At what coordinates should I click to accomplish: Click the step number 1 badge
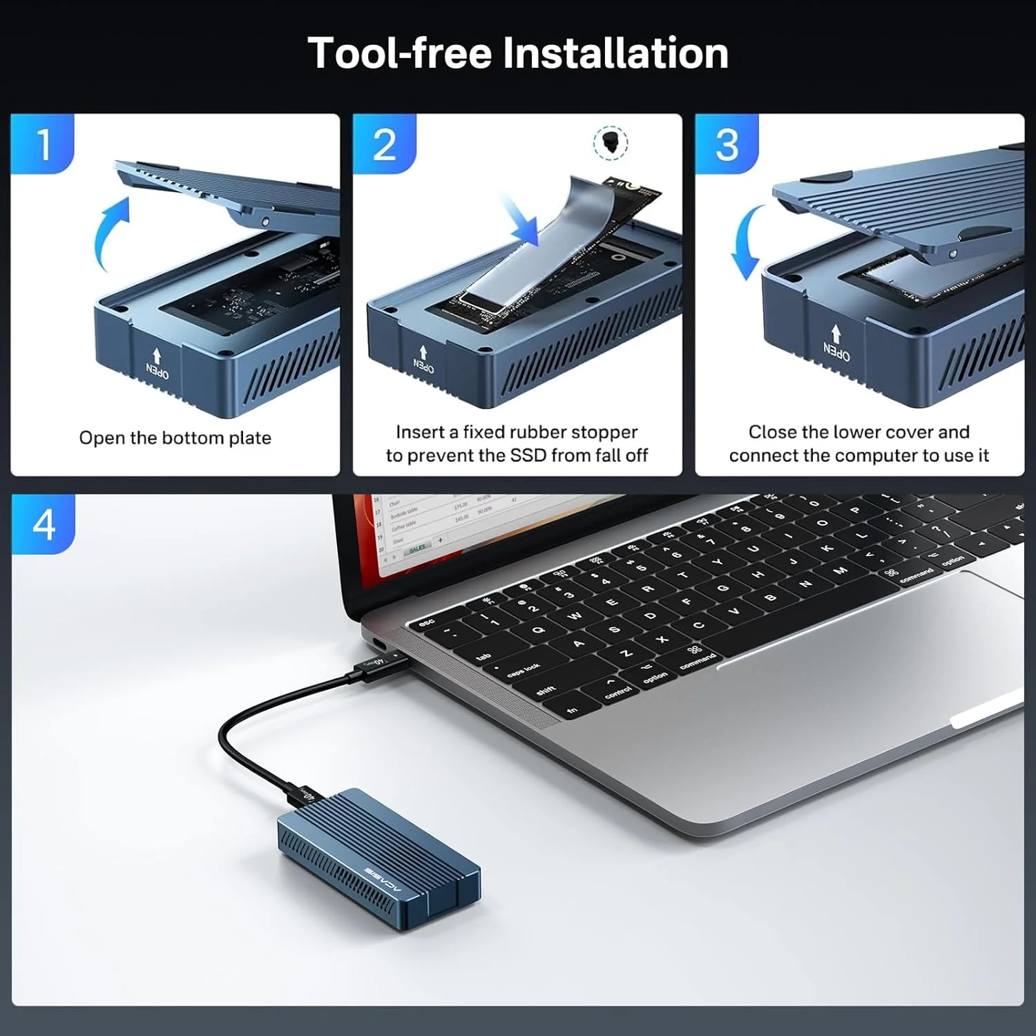43,144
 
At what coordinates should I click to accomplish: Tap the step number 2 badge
385,144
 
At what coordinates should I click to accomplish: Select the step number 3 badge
727,144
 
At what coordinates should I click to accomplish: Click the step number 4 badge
44,524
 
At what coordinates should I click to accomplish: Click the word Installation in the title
615,53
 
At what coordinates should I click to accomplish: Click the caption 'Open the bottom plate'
175,438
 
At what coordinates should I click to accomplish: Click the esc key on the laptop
426,622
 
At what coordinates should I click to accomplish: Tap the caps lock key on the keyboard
523,670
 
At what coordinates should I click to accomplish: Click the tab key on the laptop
483,656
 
